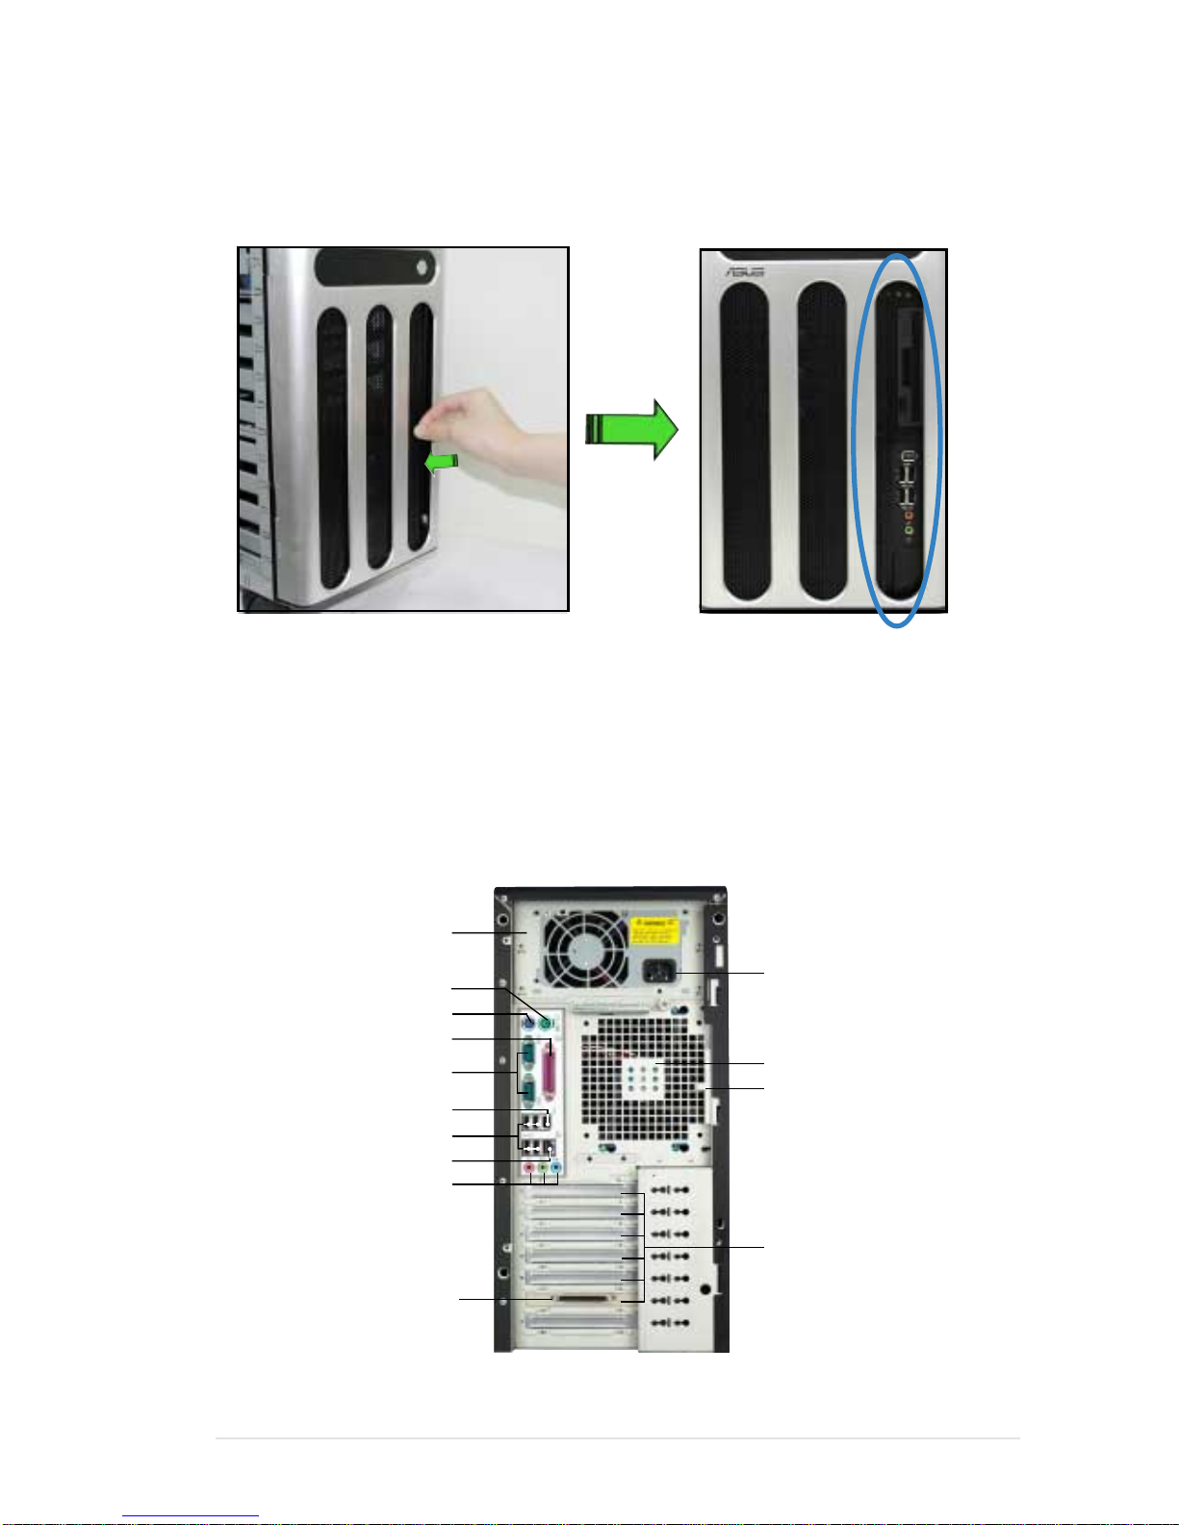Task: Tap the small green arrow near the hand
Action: (x=441, y=464)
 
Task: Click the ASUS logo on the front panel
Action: (x=746, y=272)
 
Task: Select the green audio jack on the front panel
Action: (x=908, y=528)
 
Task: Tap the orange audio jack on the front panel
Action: (x=908, y=515)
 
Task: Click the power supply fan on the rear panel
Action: (x=584, y=950)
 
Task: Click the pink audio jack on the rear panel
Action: (x=529, y=1168)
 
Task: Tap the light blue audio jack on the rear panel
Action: (x=556, y=1168)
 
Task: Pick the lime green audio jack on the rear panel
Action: (x=543, y=1168)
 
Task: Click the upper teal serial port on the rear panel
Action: (x=529, y=1055)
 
